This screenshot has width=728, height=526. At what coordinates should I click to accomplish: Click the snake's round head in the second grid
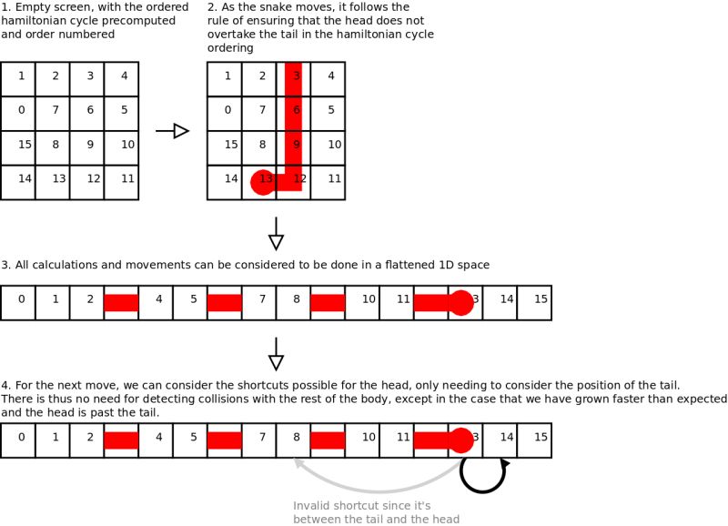263,182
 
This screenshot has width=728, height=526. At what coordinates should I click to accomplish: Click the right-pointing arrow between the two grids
172,131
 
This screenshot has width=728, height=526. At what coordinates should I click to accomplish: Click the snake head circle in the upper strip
462,303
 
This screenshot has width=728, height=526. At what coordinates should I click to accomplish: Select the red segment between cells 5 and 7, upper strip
225,303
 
